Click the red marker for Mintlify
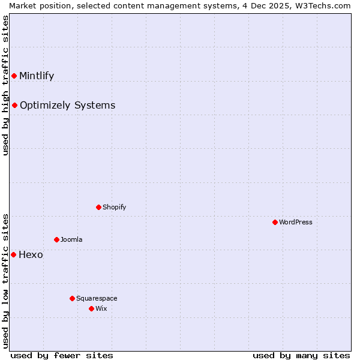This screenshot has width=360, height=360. click(x=14, y=76)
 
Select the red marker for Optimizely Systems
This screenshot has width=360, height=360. click(x=14, y=106)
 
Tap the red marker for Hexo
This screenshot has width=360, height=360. click(x=14, y=254)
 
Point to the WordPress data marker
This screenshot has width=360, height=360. click(x=275, y=222)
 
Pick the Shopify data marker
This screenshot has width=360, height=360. click(x=98, y=207)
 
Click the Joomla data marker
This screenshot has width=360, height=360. click(x=56, y=239)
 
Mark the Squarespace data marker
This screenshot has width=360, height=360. click(x=72, y=298)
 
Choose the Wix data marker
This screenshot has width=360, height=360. click(x=91, y=308)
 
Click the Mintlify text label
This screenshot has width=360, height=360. click(x=37, y=76)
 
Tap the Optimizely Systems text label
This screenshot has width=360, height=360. click(x=67, y=106)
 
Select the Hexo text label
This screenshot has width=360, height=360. click(x=31, y=254)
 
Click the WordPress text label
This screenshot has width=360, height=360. click(x=296, y=222)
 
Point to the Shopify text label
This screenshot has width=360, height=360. click(x=114, y=207)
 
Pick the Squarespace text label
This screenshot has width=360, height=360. click(x=97, y=298)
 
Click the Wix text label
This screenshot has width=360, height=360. click(x=101, y=308)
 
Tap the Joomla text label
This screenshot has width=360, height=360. click(x=71, y=239)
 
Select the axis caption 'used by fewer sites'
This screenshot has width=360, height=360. click(x=62, y=355)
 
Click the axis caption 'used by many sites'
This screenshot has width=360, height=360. click(x=301, y=355)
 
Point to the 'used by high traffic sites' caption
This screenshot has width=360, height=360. click(x=5, y=85)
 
